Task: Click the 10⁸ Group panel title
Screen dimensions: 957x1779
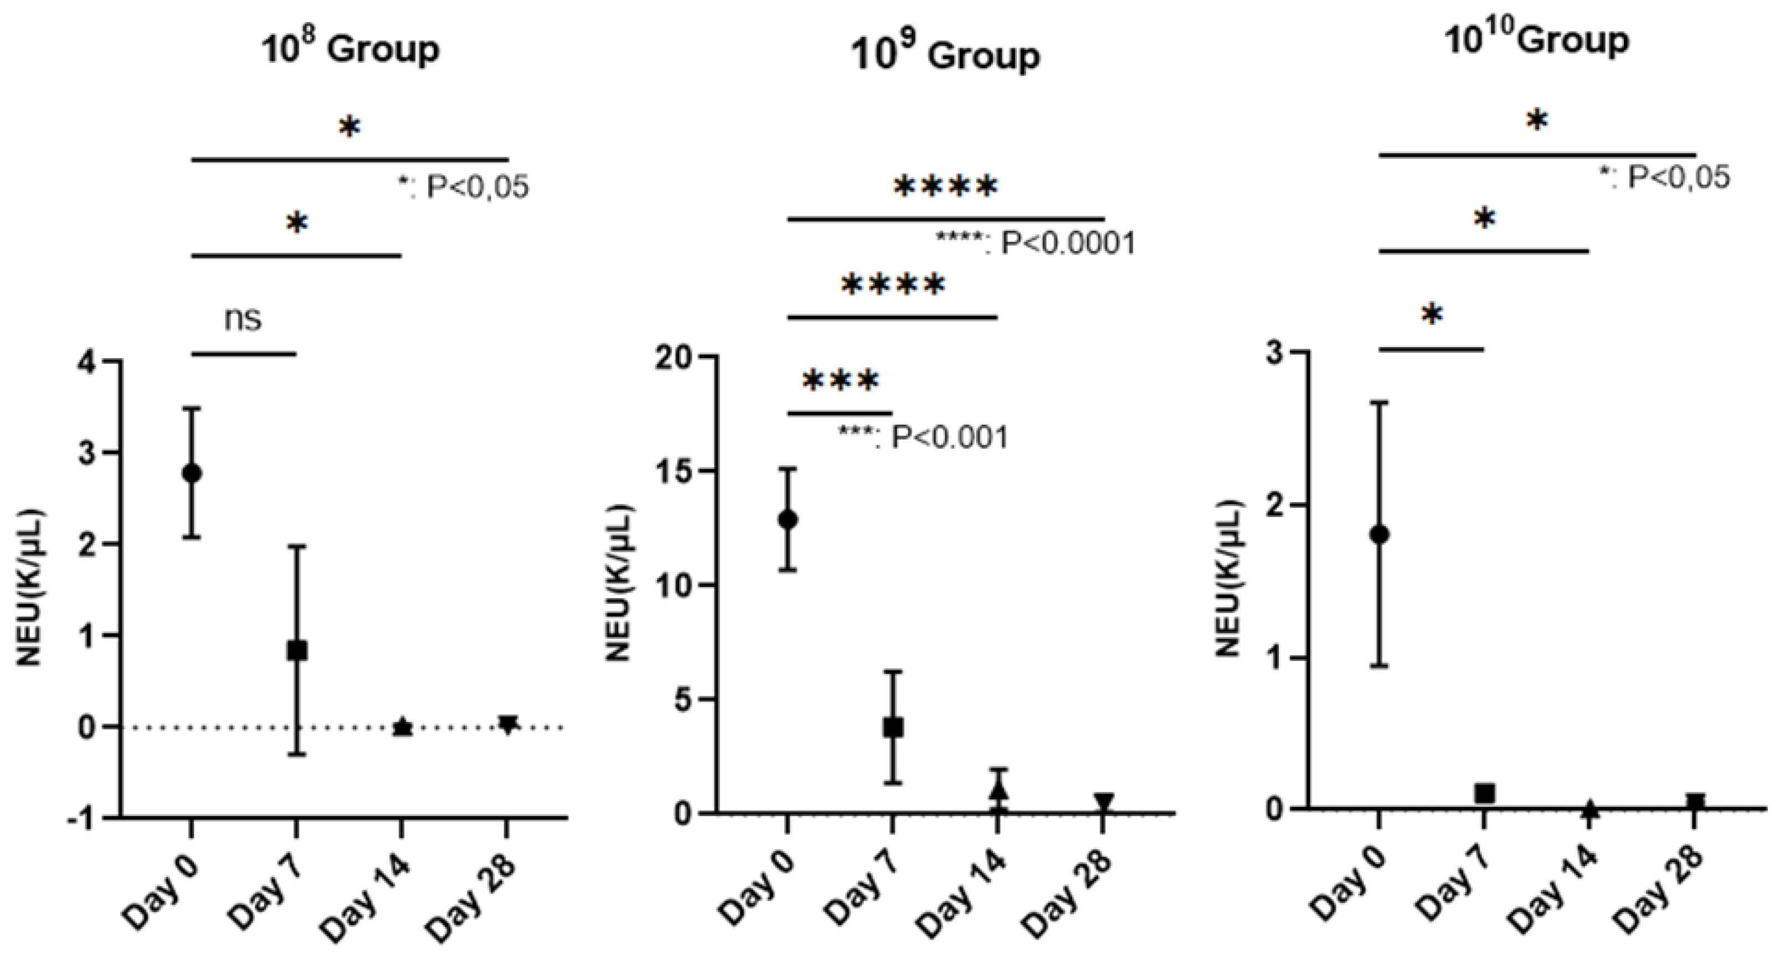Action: coord(350,48)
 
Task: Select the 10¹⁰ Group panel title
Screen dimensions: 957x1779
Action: coord(1536,40)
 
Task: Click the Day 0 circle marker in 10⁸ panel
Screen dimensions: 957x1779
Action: coord(192,474)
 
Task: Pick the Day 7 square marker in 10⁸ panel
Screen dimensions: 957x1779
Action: coord(297,650)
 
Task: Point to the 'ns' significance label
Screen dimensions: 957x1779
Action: coord(243,319)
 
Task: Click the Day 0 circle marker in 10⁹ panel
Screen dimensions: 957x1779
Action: coord(787,519)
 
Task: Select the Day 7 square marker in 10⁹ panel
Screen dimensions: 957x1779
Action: coord(893,727)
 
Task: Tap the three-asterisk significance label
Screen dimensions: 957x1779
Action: coord(840,381)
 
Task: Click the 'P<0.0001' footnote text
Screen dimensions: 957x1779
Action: coord(1067,243)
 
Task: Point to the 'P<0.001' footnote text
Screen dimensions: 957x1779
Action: coord(949,437)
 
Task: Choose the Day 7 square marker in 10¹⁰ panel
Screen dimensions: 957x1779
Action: coord(1485,793)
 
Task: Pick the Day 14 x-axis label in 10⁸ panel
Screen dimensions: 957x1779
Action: coord(366,898)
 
